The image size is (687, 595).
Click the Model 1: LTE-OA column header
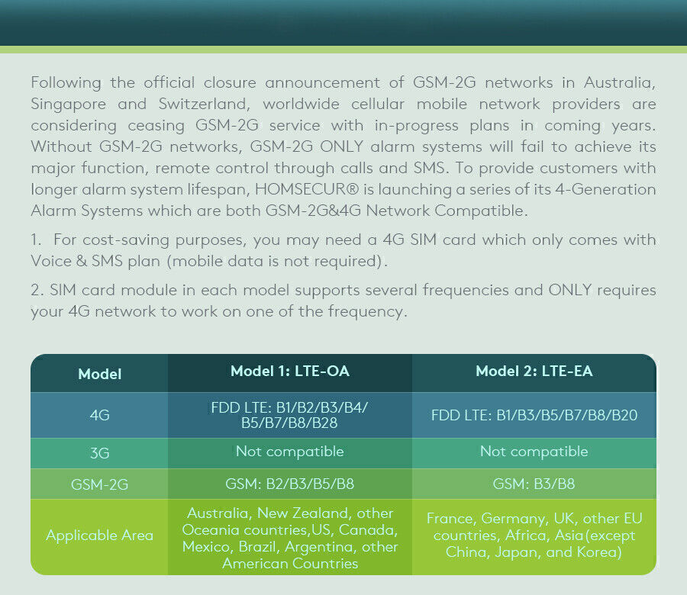coord(290,372)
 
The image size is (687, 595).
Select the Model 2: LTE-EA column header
coord(534,372)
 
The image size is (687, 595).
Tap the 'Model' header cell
coord(99,375)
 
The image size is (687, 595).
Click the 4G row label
coord(99,416)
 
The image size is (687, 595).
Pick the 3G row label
coord(99,453)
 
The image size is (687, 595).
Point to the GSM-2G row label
coord(99,484)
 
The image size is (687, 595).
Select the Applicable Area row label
coord(99,535)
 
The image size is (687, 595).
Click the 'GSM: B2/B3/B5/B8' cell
coord(290,484)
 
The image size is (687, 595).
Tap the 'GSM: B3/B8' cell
coord(534,484)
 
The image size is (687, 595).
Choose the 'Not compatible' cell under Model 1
coord(290,452)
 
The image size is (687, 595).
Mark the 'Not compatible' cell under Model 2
coord(534,452)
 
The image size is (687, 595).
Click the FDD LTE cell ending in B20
coord(534,416)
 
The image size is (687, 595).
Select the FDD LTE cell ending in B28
coord(290,416)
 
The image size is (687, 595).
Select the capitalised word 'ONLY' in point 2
coord(569,291)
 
